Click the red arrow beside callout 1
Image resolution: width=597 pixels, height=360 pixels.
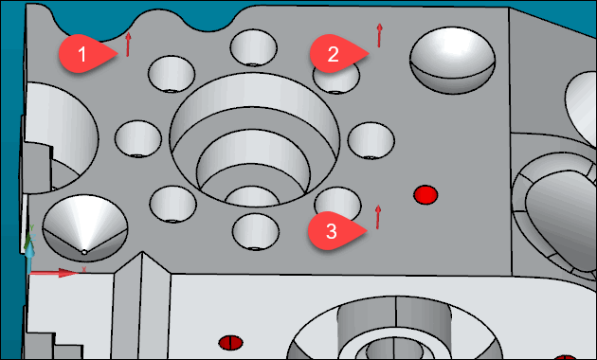(x=128, y=45)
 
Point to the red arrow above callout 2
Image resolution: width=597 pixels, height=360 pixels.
(x=379, y=35)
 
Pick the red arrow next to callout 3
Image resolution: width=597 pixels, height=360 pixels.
(x=378, y=217)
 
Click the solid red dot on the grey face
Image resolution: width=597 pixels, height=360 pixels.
(x=425, y=194)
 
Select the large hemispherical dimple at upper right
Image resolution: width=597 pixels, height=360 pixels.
(x=452, y=60)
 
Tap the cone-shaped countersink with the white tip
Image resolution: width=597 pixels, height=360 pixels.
(x=85, y=228)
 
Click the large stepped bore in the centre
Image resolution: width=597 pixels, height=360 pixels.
(x=254, y=139)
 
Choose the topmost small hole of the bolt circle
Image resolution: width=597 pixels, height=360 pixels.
(x=254, y=48)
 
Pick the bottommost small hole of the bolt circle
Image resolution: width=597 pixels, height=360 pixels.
(x=256, y=232)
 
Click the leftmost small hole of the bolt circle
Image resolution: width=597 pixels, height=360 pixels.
(x=138, y=139)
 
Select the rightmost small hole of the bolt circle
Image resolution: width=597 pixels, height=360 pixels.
(x=371, y=140)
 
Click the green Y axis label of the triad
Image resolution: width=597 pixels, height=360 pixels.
(x=32, y=227)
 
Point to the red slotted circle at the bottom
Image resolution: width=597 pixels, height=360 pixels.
(x=230, y=343)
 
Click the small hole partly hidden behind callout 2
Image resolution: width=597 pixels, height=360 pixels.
(x=341, y=79)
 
